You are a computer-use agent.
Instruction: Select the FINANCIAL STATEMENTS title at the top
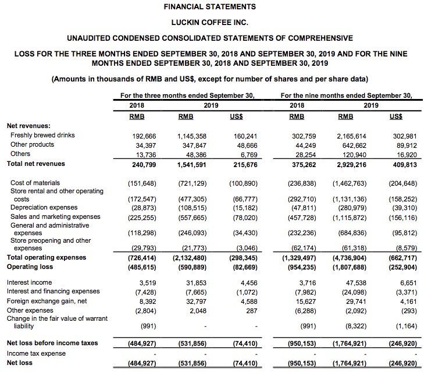coord(209,7)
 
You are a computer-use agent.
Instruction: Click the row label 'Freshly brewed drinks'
coord(42,135)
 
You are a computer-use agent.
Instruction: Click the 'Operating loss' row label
coord(31,266)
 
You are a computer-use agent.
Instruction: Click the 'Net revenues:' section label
coord(27,125)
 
